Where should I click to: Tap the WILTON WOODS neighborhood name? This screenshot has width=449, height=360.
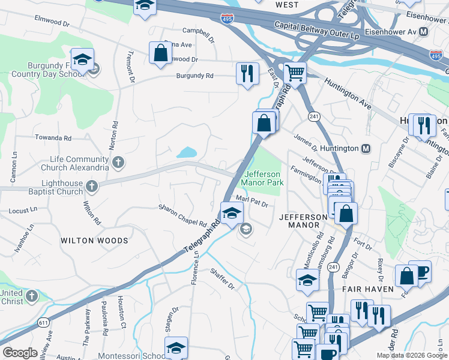(94, 241)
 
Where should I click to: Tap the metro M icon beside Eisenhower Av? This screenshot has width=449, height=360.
(424, 31)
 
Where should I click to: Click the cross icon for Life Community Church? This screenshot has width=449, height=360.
(118, 161)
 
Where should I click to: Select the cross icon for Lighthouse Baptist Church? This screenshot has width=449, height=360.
(91, 186)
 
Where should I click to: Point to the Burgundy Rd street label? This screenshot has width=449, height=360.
(194, 76)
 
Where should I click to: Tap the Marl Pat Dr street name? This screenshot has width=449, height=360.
(252, 201)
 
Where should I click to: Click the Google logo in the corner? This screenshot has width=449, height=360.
(20, 353)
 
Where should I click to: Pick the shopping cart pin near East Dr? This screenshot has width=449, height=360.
(294, 73)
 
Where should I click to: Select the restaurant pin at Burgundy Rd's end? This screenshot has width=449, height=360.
(247, 73)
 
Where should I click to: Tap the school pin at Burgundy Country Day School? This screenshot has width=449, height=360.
(82, 59)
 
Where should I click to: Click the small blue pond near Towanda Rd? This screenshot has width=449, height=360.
(187, 152)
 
